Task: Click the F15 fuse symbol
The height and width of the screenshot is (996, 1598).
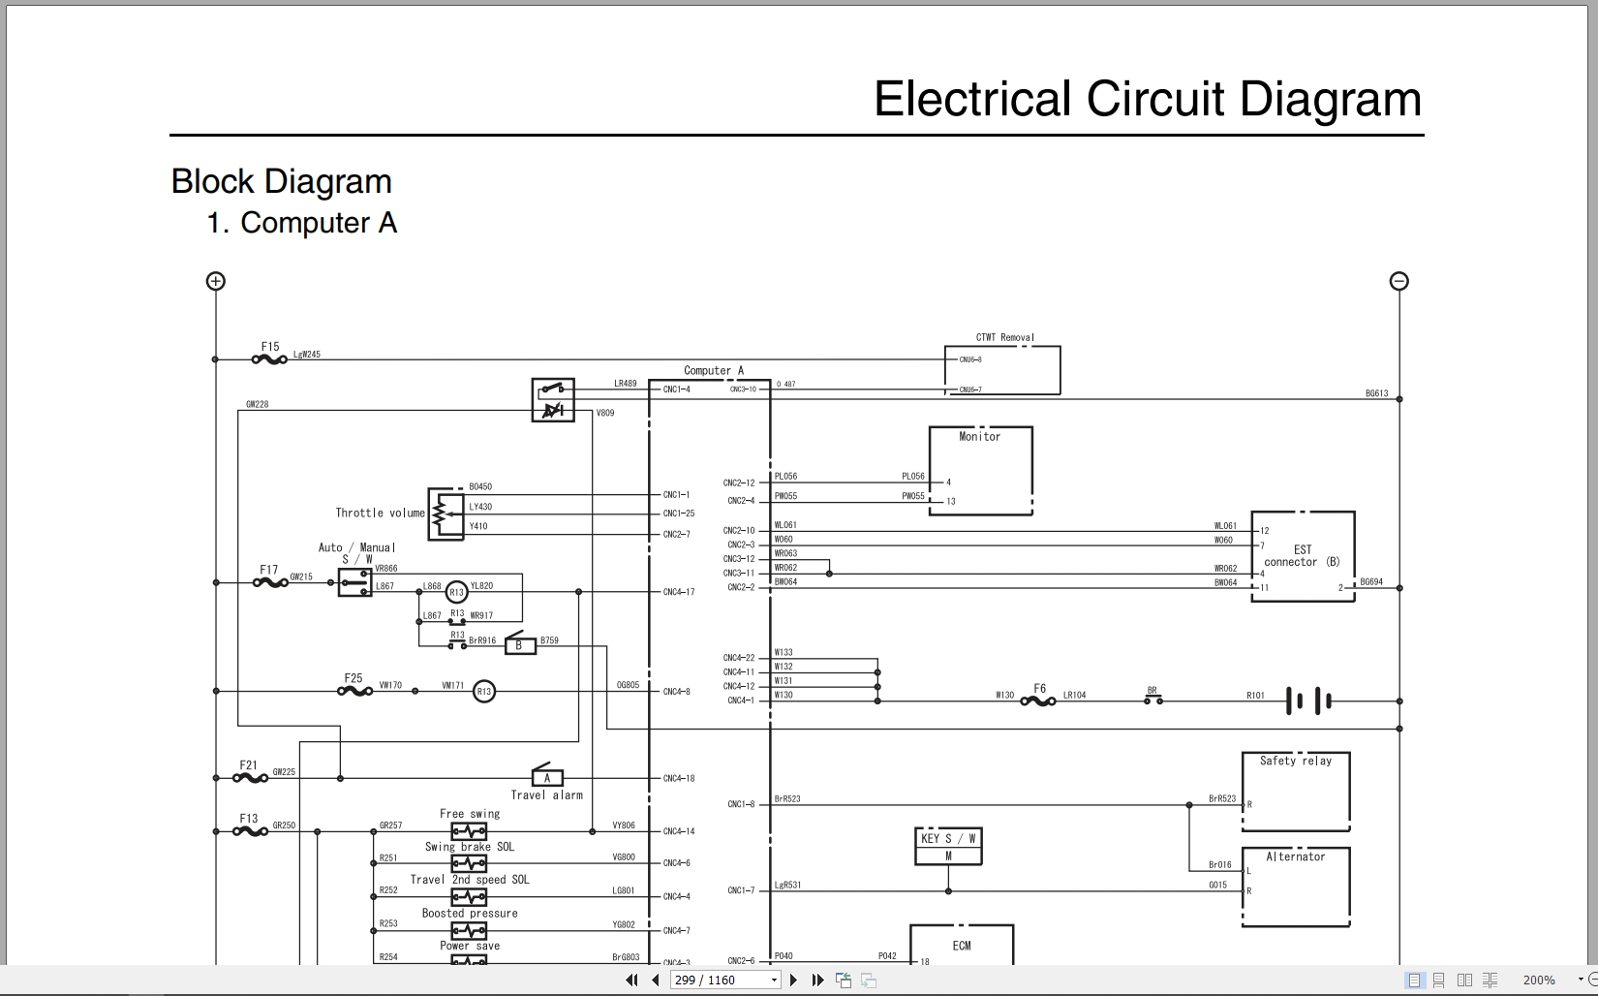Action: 269,359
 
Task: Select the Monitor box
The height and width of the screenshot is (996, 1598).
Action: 980,471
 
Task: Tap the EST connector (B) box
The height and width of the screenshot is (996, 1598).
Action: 1303,557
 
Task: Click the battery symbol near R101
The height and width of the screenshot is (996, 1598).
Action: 1308,700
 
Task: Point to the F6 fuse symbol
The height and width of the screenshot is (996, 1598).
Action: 1038,700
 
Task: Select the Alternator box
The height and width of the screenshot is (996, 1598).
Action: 1296,887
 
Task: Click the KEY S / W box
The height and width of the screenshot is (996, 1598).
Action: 948,846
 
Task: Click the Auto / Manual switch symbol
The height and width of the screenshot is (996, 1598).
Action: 354,582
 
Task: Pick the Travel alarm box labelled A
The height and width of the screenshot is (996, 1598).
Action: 547,777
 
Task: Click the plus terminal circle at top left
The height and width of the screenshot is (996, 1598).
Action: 216,281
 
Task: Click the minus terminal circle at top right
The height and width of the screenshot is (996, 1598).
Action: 1398,281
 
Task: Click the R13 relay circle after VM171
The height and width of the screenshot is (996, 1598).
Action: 483,692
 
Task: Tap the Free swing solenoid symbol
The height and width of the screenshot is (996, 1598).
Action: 469,831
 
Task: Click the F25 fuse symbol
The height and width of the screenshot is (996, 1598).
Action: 354,691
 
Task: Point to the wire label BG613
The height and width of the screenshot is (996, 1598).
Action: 1376,393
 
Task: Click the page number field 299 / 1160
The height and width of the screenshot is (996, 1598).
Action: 721,980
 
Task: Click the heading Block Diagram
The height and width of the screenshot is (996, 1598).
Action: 282,181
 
